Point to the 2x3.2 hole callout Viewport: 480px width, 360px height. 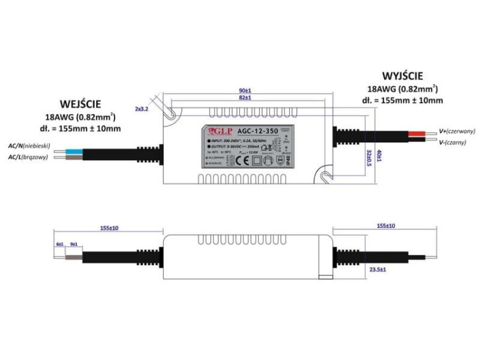[142, 110]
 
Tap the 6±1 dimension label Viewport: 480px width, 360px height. [60, 244]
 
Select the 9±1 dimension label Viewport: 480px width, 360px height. [74, 244]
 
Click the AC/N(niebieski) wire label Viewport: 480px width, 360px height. [28, 147]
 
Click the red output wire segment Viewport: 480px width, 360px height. [413, 133]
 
